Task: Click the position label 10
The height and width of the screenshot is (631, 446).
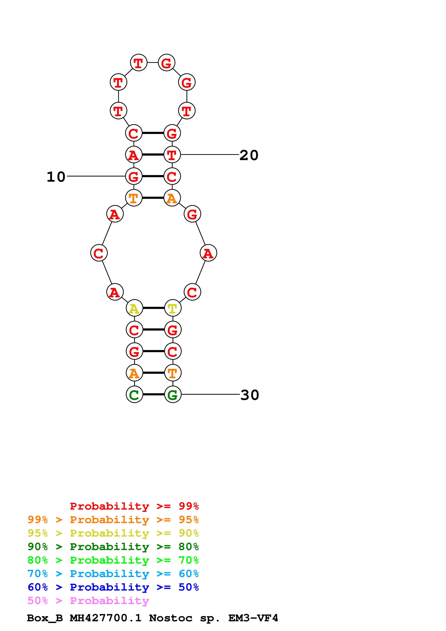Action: pyautogui.click(x=56, y=176)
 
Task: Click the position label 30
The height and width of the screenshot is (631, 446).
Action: pyautogui.click(x=250, y=395)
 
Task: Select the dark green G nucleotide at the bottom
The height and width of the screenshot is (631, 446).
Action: pyautogui.click(x=173, y=394)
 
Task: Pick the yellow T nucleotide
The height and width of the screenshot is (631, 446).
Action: pyautogui.click(x=173, y=308)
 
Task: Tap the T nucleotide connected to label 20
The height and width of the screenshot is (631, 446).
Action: pyautogui.click(x=172, y=155)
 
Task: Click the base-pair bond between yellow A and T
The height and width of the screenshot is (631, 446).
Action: pyautogui.click(x=153, y=308)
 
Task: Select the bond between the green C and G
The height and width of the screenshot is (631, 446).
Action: pyautogui.click(x=153, y=394)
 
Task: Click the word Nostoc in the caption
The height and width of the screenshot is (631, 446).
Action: pyautogui.click(x=170, y=618)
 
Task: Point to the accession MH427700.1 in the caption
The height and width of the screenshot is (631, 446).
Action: pyautogui.click(x=106, y=618)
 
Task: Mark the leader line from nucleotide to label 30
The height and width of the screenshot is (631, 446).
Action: pyautogui.click(x=210, y=394)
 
